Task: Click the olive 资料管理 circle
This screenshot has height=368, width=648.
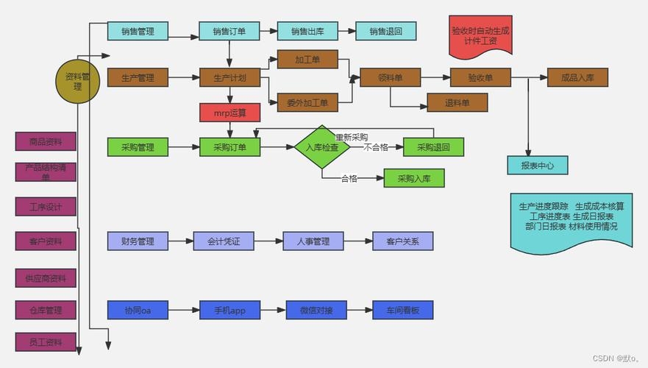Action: tap(77, 81)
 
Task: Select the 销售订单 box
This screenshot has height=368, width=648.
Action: tap(229, 31)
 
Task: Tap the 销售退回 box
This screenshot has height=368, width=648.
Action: tap(386, 31)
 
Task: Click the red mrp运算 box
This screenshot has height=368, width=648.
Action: tap(229, 113)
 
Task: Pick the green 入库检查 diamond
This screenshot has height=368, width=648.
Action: tap(322, 147)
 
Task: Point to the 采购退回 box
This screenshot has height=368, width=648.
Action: tap(433, 147)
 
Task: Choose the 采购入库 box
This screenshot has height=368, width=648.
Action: tap(414, 178)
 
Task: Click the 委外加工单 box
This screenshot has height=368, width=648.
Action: tap(307, 102)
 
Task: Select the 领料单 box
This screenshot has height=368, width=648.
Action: tap(390, 78)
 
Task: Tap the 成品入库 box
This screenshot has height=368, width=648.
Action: tap(577, 78)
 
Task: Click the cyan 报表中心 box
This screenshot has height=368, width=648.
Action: tap(538, 166)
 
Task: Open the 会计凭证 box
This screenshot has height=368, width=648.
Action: tap(224, 241)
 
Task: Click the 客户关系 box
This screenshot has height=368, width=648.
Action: tap(402, 241)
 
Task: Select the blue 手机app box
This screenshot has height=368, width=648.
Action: tap(229, 311)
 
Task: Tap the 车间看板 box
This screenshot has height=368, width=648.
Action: tap(402, 311)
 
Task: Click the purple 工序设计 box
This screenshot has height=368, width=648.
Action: tap(46, 207)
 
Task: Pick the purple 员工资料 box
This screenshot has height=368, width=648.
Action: tap(46, 342)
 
